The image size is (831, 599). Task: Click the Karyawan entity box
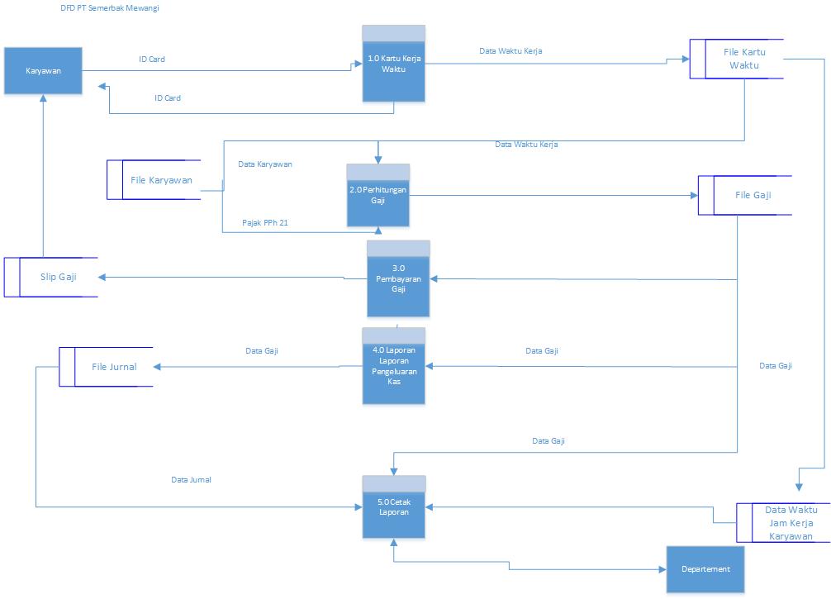pos(42,70)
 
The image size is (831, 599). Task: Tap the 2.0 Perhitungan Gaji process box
pos(378,199)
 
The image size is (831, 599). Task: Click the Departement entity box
pos(705,569)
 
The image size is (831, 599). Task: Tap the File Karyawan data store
pos(161,180)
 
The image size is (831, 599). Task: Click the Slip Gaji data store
pos(58,277)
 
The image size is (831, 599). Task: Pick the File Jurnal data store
pos(113,367)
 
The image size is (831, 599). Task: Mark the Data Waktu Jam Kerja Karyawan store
pos(790,523)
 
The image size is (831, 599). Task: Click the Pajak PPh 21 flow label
pos(264,223)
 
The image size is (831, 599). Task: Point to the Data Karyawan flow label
pos(264,164)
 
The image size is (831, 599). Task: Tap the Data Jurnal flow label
pos(191,480)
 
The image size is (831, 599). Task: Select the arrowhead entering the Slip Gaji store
pos(102,277)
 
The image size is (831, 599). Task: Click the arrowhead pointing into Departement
pos(662,569)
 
